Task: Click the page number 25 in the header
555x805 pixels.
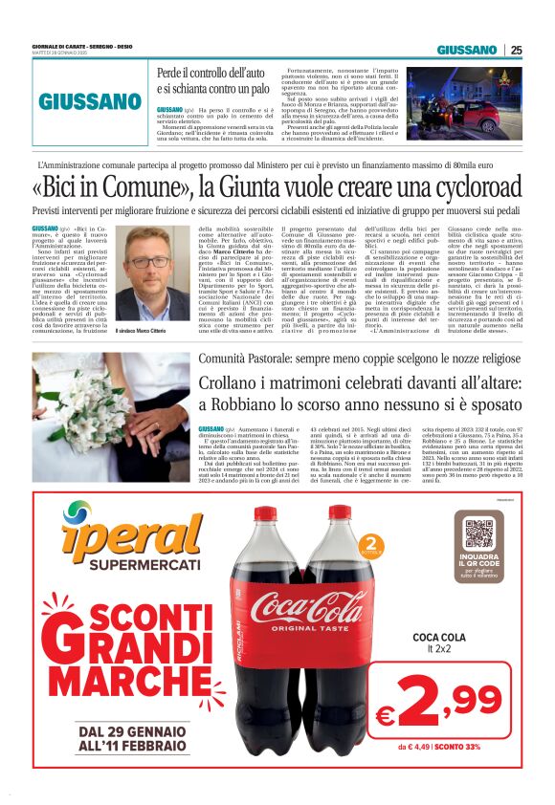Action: [x=516, y=50]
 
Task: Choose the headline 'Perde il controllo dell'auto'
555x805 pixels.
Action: [x=213, y=73]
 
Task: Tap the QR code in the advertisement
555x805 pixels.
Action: [x=478, y=533]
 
